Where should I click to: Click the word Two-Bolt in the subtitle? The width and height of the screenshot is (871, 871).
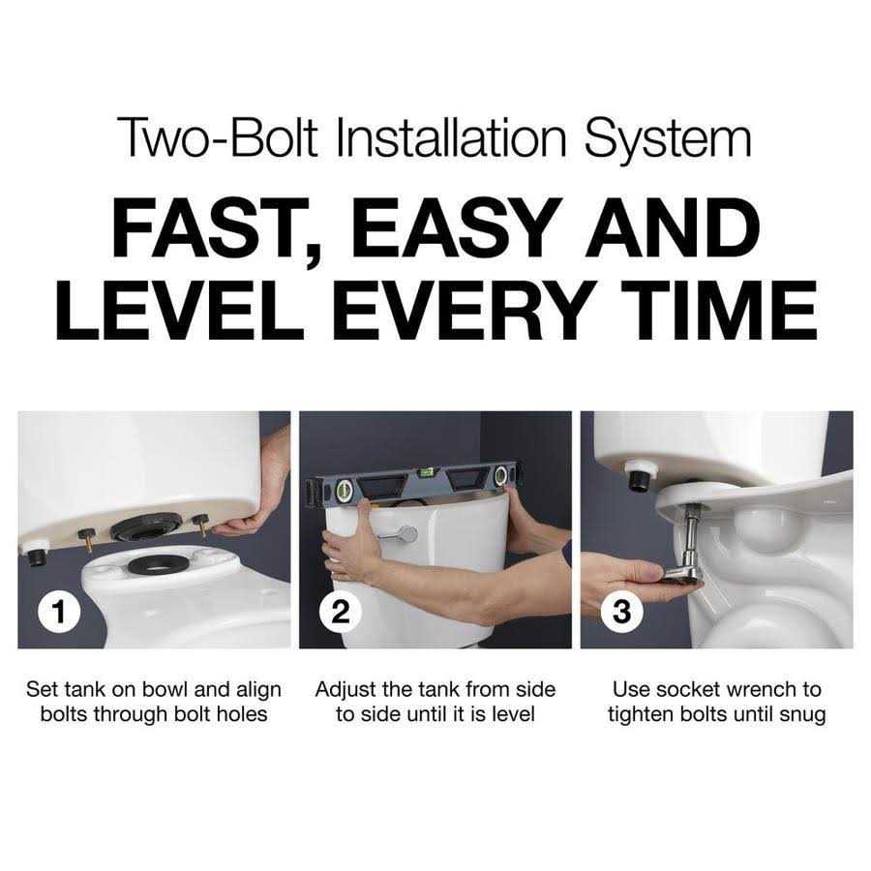click(218, 137)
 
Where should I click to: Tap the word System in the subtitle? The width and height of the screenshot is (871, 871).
click(667, 138)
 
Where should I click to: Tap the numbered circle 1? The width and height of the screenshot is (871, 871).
click(59, 611)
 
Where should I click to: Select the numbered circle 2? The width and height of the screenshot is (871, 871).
click(341, 611)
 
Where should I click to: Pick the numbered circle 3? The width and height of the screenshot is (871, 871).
click(622, 611)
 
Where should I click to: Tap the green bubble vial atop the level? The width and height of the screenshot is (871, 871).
click(426, 472)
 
